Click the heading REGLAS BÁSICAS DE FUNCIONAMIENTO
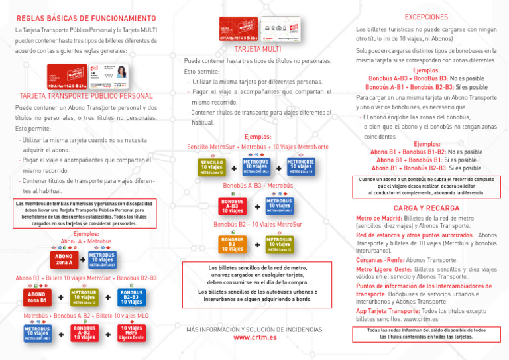pyautogui.click(x=85, y=18)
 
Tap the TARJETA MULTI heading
pyautogui.click(x=258, y=49)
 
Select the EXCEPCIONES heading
pyautogui.click(x=425, y=17)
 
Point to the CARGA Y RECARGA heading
pyautogui.click(x=426, y=208)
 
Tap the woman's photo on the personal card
pyautogui.click(x=121, y=72)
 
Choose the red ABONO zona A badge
pyautogui.click(x=64, y=259)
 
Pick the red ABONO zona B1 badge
pyautogui.click(x=36, y=298)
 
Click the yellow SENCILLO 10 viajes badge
pyautogui.click(x=211, y=166)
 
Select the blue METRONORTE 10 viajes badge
pyautogui.click(x=300, y=166)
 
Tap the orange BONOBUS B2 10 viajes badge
pyautogui.click(x=233, y=245)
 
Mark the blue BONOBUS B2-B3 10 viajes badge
pyautogui.click(x=131, y=298)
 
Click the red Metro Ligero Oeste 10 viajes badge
pyautogui.click(x=131, y=333)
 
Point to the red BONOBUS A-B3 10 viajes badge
pyautogui.click(x=233, y=206)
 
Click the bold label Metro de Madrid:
pyautogui.click(x=378, y=218)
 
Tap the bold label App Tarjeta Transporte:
pyautogui.click(x=388, y=311)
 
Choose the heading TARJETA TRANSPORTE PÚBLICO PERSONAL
pyautogui.click(x=86, y=96)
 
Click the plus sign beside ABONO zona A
pyautogui.click(x=83, y=259)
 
